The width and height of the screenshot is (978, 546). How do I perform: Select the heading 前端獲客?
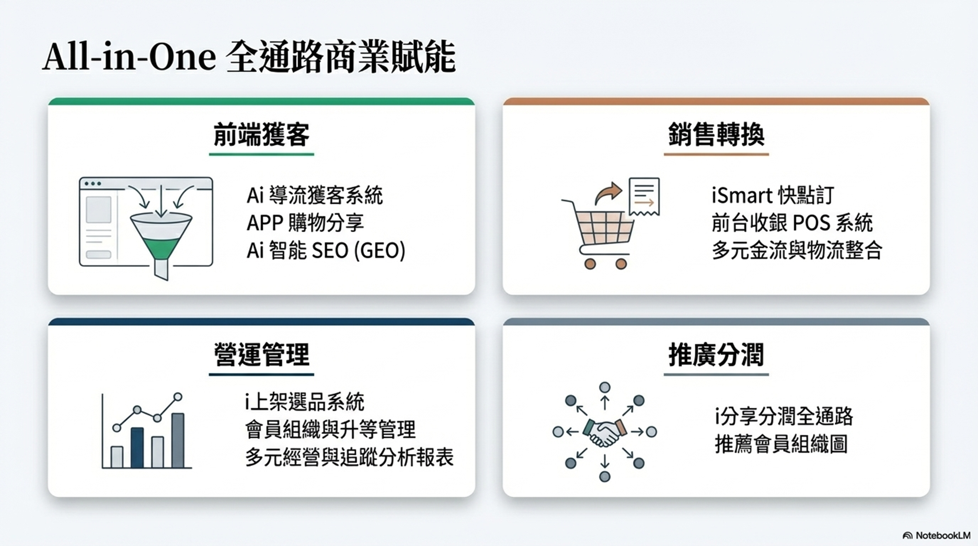coord(261,135)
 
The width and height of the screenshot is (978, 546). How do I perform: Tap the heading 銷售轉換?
coord(716,135)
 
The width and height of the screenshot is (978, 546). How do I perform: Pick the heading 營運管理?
coord(261,354)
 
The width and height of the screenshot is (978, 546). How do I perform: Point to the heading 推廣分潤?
coord(716,354)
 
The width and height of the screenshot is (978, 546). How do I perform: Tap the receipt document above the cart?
coord(644,197)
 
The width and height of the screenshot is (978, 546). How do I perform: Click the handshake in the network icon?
coord(604,432)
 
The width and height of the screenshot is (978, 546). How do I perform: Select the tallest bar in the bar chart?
coord(178,440)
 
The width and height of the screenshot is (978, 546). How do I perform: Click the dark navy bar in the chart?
coord(137,448)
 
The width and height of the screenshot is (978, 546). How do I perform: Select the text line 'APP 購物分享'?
coord(305,223)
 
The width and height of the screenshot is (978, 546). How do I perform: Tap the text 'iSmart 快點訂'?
coord(773,196)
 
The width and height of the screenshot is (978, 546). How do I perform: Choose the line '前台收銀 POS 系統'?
coord(792,223)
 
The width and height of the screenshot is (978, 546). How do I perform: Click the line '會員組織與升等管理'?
coord(330,429)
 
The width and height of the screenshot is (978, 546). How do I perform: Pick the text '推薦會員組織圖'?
coord(781,444)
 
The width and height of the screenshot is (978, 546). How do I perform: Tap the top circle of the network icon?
coord(604,387)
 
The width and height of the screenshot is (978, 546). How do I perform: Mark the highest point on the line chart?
coord(177,397)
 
